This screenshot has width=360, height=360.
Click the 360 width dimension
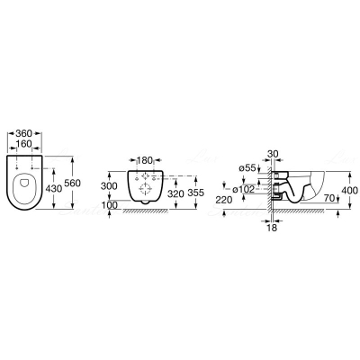click(x=24, y=133)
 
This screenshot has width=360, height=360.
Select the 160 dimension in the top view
click(x=24, y=144)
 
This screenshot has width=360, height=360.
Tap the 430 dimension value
click(x=54, y=188)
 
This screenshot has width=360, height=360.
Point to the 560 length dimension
click(x=73, y=183)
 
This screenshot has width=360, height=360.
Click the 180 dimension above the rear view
click(x=145, y=159)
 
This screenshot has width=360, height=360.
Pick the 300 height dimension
click(x=109, y=186)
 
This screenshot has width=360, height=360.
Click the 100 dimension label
click(x=109, y=205)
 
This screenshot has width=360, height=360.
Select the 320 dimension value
click(x=175, y=193)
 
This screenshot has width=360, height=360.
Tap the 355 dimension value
click(x=195, y=193)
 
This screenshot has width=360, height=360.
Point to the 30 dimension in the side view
click(x=273, y=154)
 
